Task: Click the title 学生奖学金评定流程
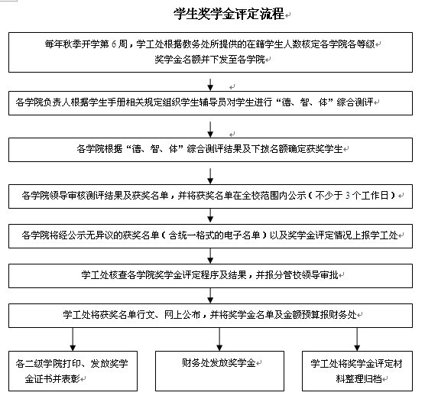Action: pos(229,14)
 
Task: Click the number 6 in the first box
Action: pos(114,44)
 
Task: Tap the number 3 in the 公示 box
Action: pos(348,196)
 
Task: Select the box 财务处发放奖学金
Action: pos(219,371)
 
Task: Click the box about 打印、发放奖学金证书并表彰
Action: pos(73,371)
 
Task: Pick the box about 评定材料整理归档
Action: pos(357,371)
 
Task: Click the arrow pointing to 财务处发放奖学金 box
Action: pos(219,339)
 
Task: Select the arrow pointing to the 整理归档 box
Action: pos(357,339)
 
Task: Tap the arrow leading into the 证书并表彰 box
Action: pos(73,339)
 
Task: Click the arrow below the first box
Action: pos(210,84)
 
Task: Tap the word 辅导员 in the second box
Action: pos(212,102)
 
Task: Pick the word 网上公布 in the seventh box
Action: pos(182,315)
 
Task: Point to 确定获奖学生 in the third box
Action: pos(315,149)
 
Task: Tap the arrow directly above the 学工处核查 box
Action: pos(210,256)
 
